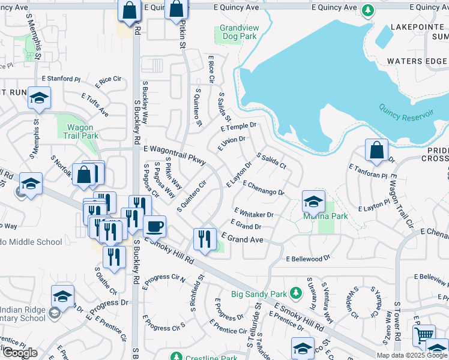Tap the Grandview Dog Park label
tap(238, 32)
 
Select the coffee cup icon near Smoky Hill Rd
tap(154, 227)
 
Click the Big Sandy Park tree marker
tap(295, 293)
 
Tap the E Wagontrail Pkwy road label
tap(175, 154)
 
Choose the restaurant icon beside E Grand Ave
tap(205, 239)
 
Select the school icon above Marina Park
tap(313, 201)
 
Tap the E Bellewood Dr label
tap(308, 258)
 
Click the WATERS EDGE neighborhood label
tap(417, 61)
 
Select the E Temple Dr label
tap(238, 127)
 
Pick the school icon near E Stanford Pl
tap(39, 98)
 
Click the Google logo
tap(19, 353)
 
